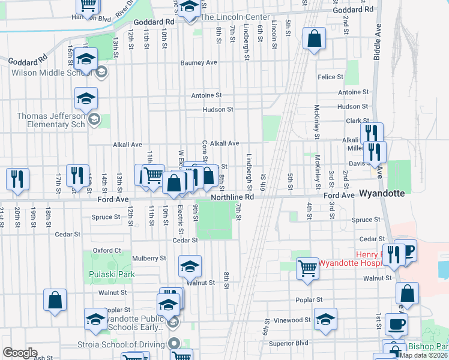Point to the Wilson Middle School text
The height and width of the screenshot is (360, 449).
(48, 73)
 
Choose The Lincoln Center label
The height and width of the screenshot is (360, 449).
(231, 17)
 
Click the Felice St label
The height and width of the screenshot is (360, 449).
(330, 77)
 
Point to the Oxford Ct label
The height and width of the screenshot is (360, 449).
(107, 250)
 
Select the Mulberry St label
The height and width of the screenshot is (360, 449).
(149, 259)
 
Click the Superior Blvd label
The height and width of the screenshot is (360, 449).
(288, 343)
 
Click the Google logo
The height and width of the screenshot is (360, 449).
(20, 352)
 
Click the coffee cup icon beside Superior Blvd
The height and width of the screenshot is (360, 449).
(396, 324)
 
